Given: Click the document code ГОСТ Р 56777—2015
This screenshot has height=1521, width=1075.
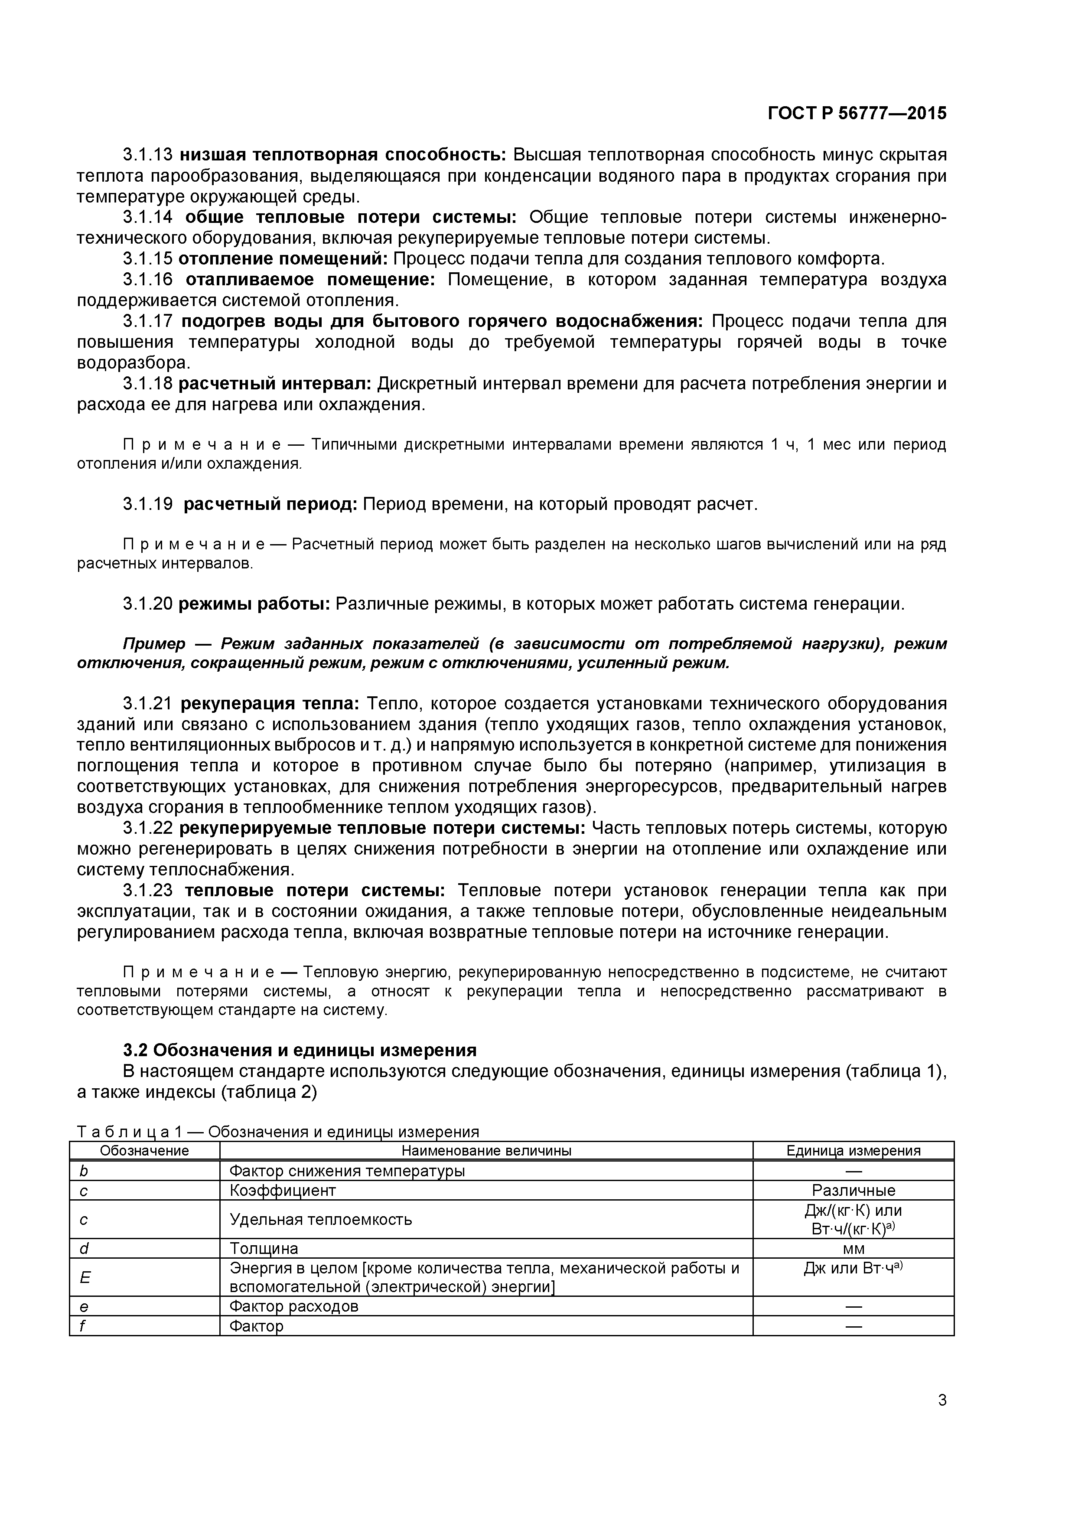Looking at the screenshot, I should click(857, 113).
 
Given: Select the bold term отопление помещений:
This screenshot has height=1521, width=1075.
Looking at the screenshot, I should click(285, 258).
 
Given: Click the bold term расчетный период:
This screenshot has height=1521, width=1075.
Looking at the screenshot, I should click(270, 504).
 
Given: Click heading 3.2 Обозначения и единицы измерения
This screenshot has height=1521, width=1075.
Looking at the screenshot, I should click(300, 1050).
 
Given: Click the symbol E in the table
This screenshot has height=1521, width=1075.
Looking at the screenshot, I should click(84, 1278).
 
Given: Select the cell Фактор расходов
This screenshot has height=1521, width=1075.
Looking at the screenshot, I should click(293, 1306).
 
